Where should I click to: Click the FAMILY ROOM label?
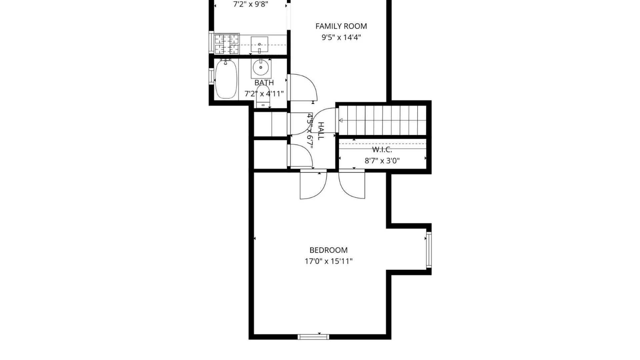tap(341, 26)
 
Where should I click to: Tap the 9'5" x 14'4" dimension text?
tap(341, 37)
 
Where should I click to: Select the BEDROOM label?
tap(328, 250)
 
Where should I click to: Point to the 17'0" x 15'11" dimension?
tap(328, 261)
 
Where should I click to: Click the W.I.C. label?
tap(382, 149)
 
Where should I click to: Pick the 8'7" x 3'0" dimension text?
tap(382, 161)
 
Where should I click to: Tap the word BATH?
tap(264, 83)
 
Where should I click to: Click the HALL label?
tap(321, 131)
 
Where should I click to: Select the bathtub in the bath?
tap(226, 79)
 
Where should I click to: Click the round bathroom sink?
tap(261, 68)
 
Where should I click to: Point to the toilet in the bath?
tap(263, 97)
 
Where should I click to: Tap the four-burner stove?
tap(227, 44)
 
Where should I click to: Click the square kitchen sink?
tap(259, 45)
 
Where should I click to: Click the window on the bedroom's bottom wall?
tap(313, 337)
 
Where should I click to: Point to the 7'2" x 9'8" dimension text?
tap(251, 4)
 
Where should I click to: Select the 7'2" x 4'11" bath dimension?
tap(264, 94)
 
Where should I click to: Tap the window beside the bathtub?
tap(211, 76)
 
